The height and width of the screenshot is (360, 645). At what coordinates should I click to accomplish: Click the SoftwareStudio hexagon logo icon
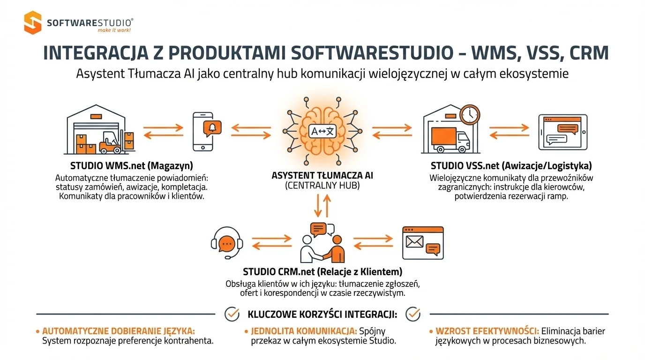[x=33, y=22]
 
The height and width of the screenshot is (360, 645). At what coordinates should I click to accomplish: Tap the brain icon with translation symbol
[x=323, y=130]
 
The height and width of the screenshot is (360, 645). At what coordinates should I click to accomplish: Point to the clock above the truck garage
[x=470, y=114]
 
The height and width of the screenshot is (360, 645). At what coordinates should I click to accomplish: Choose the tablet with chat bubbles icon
[x=562, y=132]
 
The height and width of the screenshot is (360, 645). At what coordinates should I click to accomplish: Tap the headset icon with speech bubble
[x=227, y=243]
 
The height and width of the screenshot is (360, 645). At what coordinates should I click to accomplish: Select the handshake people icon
[x=323, y=244]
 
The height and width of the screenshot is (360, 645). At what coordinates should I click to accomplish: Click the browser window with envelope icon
[x=423, y=243]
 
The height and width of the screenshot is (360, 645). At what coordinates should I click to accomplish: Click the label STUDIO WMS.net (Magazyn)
[x=132, y=165]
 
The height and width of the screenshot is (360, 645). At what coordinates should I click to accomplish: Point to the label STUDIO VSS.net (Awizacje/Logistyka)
[x=511, y=165]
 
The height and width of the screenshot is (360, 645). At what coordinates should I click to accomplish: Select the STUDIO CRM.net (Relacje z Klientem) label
[x=322, y=271]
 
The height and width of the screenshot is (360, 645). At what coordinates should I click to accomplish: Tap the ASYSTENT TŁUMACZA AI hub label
[x=322, y=176]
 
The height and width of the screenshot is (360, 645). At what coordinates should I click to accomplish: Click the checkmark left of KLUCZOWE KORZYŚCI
[x=232, y=314]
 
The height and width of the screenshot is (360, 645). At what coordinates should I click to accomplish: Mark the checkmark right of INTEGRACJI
[x=412, y=314]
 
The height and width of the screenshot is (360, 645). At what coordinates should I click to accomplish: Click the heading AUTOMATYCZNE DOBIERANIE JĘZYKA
[x=118, y=331]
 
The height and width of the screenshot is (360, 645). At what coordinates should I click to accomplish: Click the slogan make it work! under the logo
[x=114, y=30]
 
